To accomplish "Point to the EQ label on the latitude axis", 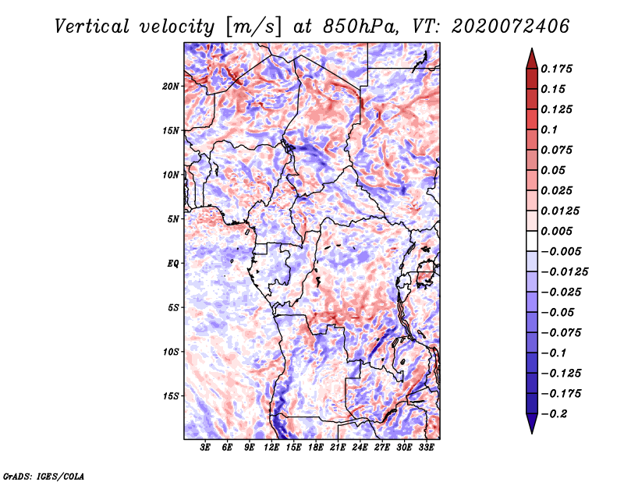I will pyautogui.click(x=173, y=264).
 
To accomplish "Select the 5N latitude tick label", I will pyautogui.click(x=174, y=219).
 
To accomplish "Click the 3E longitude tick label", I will pyautogui.click(x=206, y=448).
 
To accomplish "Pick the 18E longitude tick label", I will pyautogui.click(x=316, y=448).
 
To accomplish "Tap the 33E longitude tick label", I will pyautogui.click(x=426, y=448).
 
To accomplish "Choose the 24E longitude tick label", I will pyautogui.click(x=360, y=448).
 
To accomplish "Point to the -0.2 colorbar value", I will pyautogui.click(x=556, y=413).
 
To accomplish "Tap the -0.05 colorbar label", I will pyautogui.click(x=556, y=312).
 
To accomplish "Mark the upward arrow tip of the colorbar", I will pyautogui.click(x=530, y=51).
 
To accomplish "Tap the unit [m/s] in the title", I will pyautogui.click(x=252, y=26).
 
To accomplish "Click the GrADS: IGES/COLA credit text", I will pyautogui.click(x=43, y=475).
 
